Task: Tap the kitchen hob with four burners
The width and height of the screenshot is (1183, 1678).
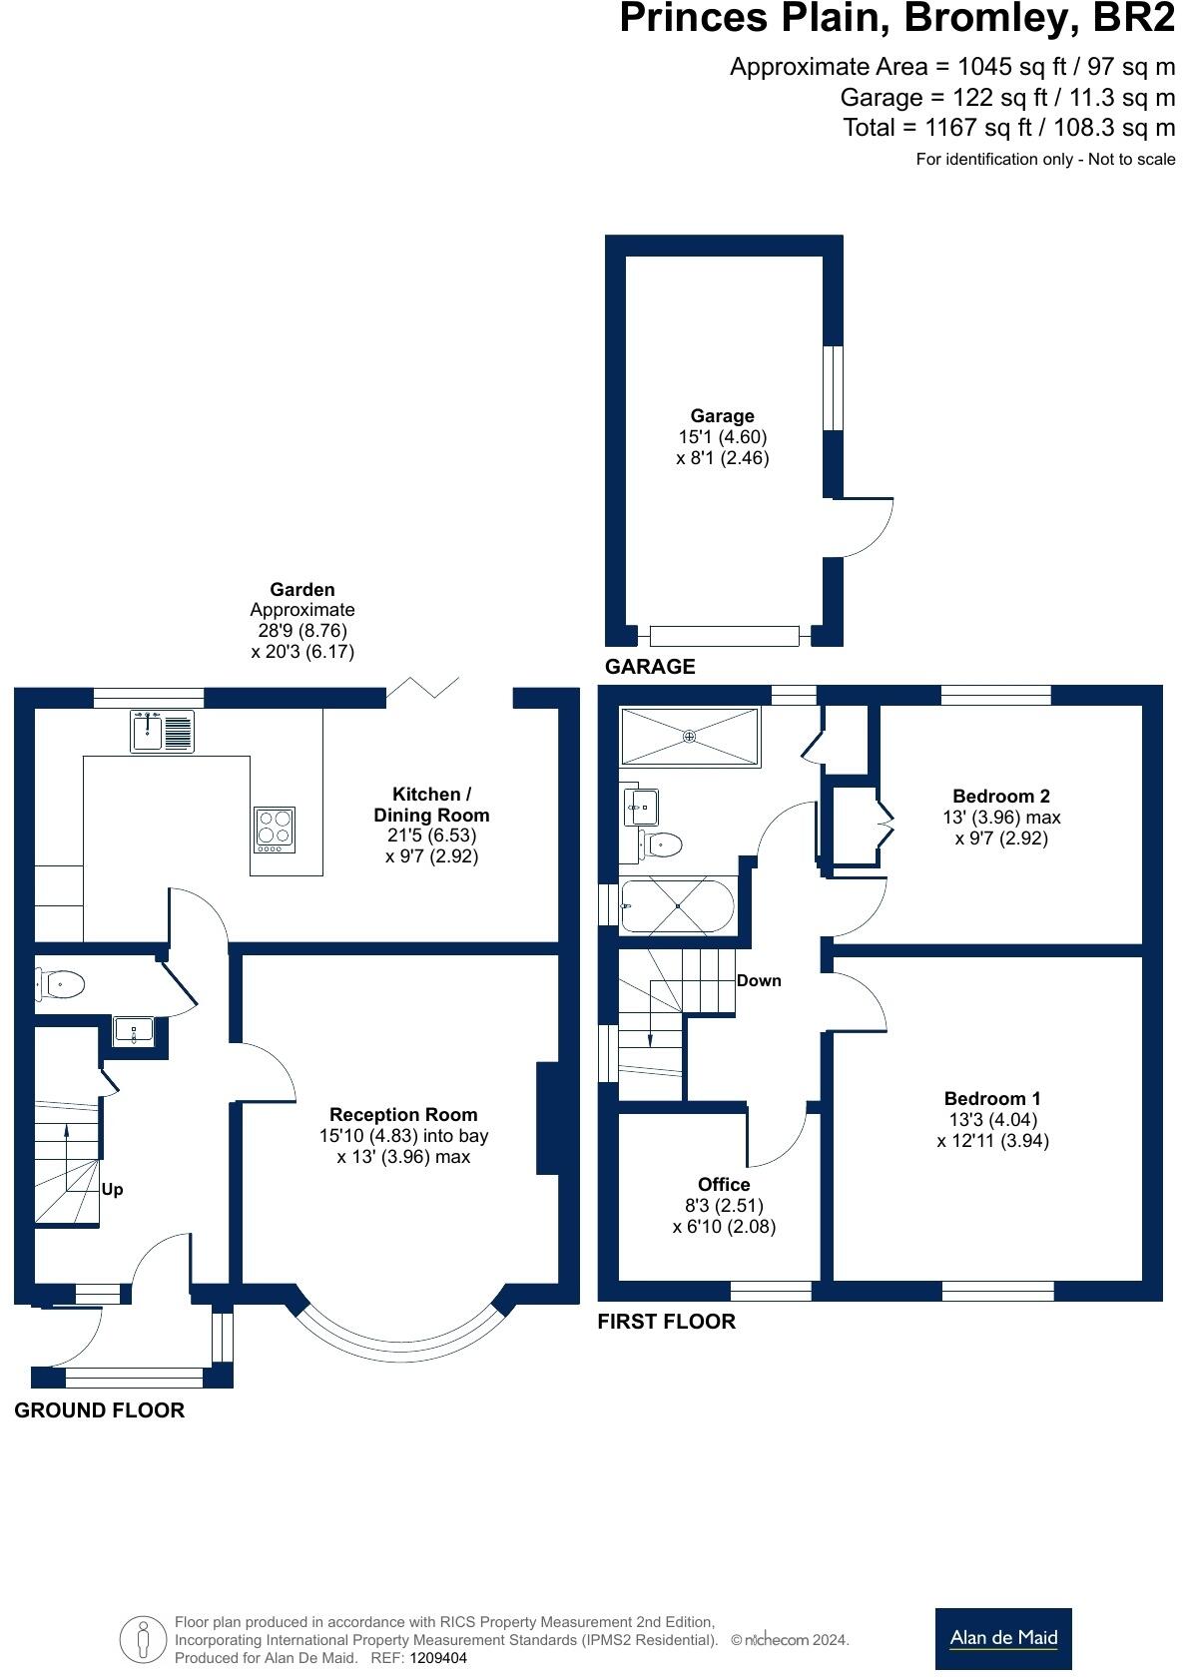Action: pos(275,829)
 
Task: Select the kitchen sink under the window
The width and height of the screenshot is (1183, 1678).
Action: pos(162,732)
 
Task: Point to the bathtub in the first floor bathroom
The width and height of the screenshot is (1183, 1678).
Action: pos(677,906)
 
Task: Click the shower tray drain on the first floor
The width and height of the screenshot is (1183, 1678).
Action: pos(689,737)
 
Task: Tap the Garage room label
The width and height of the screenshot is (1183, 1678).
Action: pos(722,415)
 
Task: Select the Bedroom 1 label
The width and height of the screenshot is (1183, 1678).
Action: pos(992,1098)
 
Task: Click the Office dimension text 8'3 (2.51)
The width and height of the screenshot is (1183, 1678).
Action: pos(724,1205)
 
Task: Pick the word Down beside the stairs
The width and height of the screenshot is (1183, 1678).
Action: pos(759,980)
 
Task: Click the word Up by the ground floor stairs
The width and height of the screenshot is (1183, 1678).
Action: pos(113,1190)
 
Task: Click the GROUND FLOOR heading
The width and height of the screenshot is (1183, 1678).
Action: pos(100,1409)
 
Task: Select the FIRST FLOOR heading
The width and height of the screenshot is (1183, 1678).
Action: pos(666,1321)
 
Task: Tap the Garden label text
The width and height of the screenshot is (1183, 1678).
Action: pos(302,589)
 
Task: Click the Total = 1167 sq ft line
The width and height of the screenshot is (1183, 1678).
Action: pos(1008,128)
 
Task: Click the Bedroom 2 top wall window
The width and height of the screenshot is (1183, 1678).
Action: pos(995,695)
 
